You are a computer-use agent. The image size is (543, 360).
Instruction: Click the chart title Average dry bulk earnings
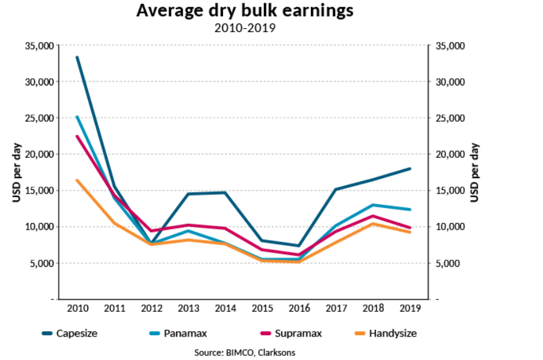(245, 12)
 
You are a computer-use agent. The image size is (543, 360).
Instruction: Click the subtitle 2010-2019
(245, 28)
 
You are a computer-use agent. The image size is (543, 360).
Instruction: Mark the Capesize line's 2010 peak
(77, 57)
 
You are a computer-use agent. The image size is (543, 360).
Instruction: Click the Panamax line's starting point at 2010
(77, 117)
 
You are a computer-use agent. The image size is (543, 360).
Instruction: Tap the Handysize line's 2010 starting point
(77, 180)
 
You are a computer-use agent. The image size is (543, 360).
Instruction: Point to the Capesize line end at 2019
(409, 169)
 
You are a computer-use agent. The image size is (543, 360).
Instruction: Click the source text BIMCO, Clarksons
(245, 353)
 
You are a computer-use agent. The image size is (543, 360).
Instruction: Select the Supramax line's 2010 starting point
(77, 136)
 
